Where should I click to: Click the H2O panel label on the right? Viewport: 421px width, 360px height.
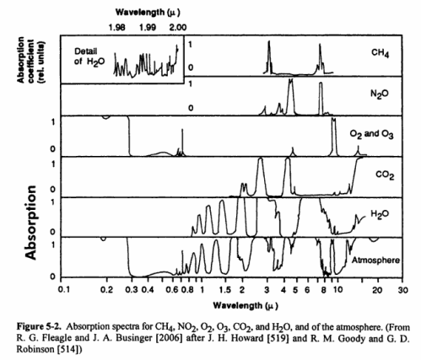(x=382, y=216)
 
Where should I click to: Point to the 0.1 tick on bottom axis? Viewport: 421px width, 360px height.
(x=63, y=288)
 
